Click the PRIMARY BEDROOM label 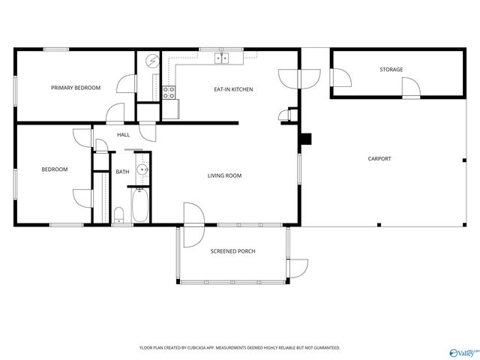(76, 88)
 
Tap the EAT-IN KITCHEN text (233, 89)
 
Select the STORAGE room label (391, 70)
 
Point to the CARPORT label (379, 158)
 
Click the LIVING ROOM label (224, 175)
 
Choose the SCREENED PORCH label (232, 251)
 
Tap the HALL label (123, 135)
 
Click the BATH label (122, 172)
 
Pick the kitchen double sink (222, 58)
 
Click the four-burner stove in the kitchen (169, 92)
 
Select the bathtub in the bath (140, 205)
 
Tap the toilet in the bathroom (118, 215)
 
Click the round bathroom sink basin (142, 169)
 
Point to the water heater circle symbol (152, 61)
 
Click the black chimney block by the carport (306, 139)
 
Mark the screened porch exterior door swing (298, 268)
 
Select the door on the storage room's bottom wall (411, 88)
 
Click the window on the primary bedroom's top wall (56, 49)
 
